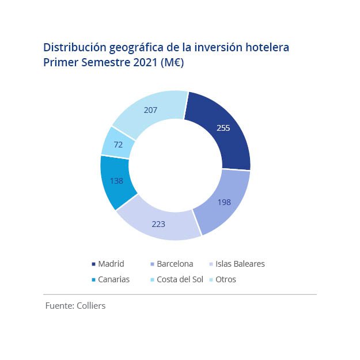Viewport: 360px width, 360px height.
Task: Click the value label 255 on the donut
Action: pyautogui.click(x=223, y=128)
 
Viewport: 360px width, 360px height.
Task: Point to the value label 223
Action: pyautogui.click(x=158, y=224)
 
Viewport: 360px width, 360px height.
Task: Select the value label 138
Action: pyautogui.click(x=117, y=180)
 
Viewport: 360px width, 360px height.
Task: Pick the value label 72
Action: pyautogui.click(x=118, y=145)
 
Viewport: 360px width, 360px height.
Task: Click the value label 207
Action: pyautogui.click(x=150, y=109)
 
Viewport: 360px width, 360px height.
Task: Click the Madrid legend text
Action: pyautogui.click(x=111, y=264)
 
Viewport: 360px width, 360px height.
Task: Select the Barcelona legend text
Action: pyautogui.click(x=175, y=264)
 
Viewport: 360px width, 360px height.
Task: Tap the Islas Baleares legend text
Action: pyautogui.click(x=240, y=264)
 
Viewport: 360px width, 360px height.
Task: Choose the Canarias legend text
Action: pyautogui.click(x=114, y=279)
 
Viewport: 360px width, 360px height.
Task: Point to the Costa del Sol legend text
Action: pyautogui.click(x=180, y=279)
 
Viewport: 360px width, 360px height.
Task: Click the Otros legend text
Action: pyautogui.click(x=226, y=279)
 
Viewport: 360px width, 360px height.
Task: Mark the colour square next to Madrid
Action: pyautogui.click(x=93, y=264)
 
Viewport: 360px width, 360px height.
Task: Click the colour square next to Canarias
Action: pyautogui.click(x=93, y=280)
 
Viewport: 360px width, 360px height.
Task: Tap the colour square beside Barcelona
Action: pyautogui.click(x=151, y=264)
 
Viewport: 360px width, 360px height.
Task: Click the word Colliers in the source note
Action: pyautogui.click(x=91, y=306)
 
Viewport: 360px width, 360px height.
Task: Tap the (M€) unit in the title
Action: pyautogui.click(x=172, y=62)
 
